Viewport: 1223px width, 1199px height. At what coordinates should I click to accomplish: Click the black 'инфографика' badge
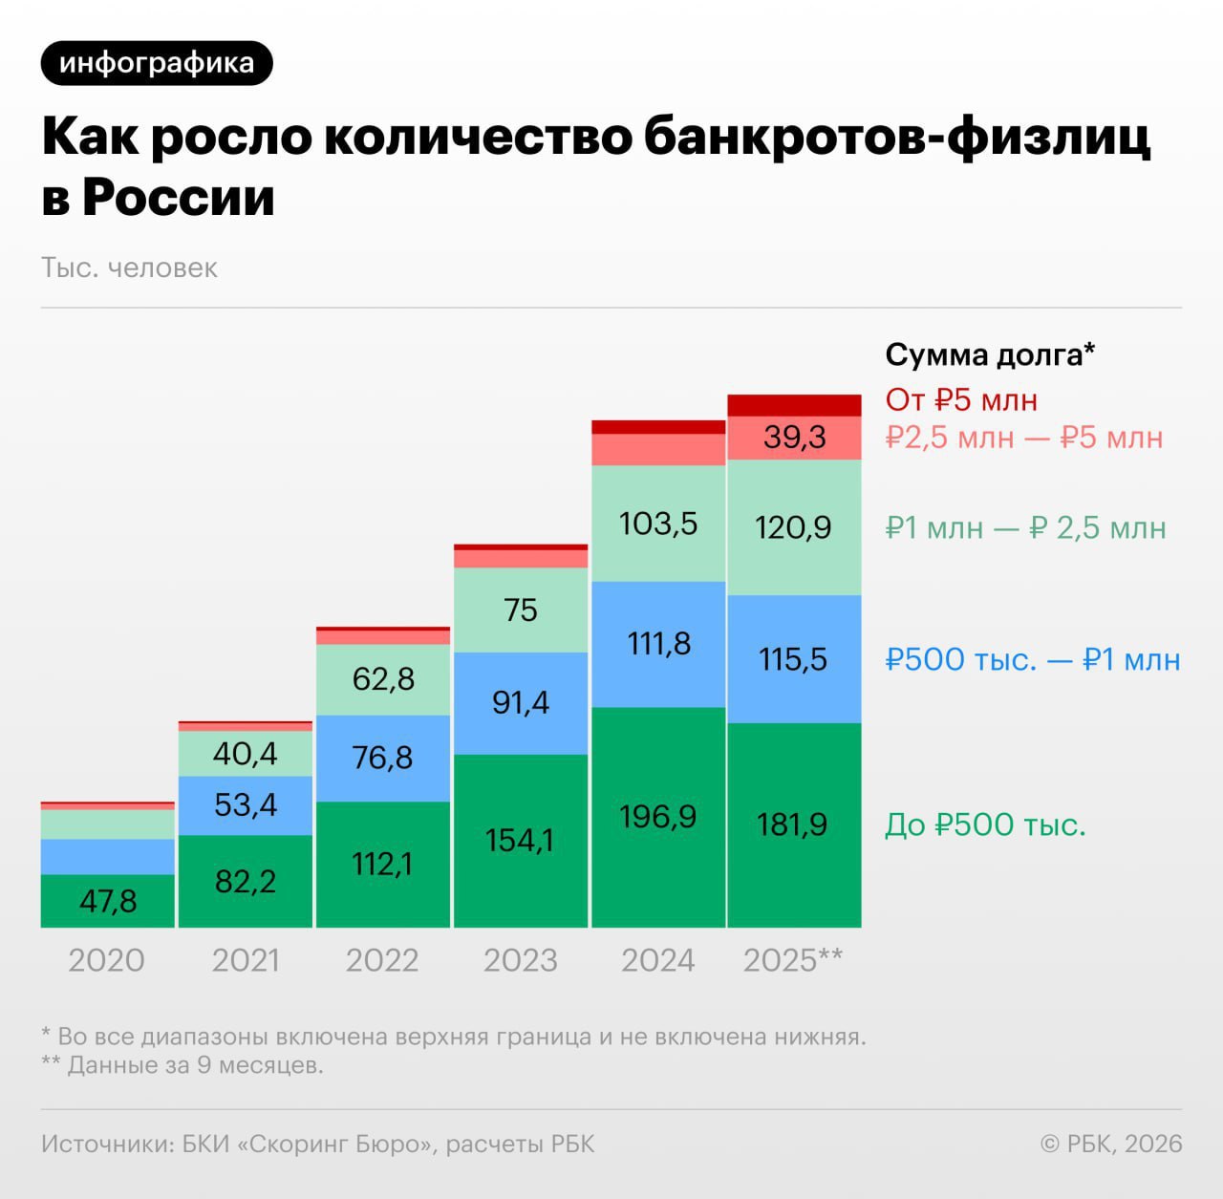coord(157,63)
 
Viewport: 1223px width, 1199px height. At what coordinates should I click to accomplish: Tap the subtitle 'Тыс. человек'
coord(129,268)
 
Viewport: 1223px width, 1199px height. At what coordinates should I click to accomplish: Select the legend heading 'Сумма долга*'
coord(989,354)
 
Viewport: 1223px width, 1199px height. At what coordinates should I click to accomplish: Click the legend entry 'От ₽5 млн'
coord(960,399)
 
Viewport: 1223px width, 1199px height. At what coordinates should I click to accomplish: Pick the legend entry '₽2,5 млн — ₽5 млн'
coord(1023,438)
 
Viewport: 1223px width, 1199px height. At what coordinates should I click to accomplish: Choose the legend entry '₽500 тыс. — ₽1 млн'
coord(1032,659)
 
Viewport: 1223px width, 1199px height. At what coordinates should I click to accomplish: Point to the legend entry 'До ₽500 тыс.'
coord(985,824)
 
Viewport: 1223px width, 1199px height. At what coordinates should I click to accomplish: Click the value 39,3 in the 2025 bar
coord(794,438)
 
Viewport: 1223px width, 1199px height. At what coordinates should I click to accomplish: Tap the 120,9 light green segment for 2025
coord(793,527)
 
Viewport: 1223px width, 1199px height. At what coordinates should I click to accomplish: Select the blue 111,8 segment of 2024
coord(658,644)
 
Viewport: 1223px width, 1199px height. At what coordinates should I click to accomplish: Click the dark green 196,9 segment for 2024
coord(658,817)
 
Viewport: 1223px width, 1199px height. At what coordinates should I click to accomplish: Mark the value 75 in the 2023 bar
coord(521,610)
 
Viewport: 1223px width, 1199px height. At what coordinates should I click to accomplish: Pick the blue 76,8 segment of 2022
coord(382,758)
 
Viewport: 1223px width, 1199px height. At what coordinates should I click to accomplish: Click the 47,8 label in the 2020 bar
coord(108,901)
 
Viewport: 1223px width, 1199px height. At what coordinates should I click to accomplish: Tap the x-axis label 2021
coord(246,960)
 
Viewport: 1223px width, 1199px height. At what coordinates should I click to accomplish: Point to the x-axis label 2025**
coord(793,960)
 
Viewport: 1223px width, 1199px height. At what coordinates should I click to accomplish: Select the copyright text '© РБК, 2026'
coord(1110,1144)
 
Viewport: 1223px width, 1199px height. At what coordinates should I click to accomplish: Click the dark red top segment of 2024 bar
coord(658,427)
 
